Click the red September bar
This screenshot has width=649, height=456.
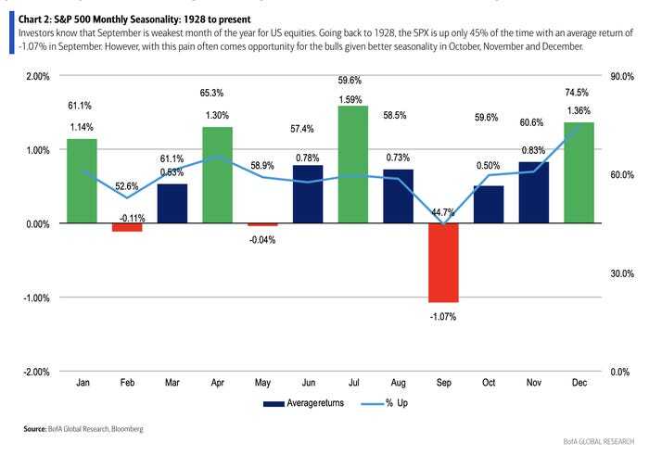tap(443, 262)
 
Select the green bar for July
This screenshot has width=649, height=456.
tap(353, 165)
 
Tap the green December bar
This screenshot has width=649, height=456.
tap(579, 173)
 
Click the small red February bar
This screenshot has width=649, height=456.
tap(127, 227)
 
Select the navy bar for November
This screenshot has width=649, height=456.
tap(534, 193)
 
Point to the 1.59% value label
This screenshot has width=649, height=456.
tap(353, 98)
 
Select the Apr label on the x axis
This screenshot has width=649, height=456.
tap(218, 382)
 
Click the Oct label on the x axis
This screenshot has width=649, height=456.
tap(489, 382)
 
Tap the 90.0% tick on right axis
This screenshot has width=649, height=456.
tap(620, 76)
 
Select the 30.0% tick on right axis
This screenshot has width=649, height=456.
tap(620, 273)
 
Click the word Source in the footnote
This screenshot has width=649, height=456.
tap(35, 430)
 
